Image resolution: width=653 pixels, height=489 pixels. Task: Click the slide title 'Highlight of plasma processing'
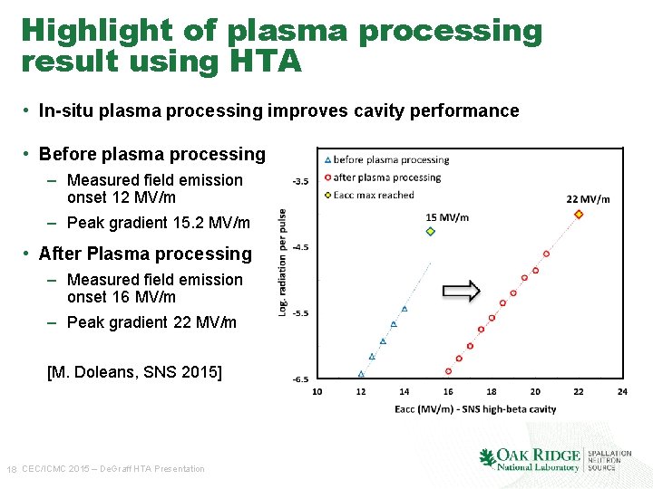(281, 31)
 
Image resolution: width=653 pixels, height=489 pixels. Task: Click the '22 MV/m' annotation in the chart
(588, 198)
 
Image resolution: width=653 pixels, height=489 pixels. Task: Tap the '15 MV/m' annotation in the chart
(447, 216)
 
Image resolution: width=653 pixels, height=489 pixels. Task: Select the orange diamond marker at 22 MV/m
(579, 214)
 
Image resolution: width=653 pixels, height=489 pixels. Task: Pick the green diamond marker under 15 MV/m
(431, 232)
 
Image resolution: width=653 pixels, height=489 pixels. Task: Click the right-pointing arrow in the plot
(461, 291)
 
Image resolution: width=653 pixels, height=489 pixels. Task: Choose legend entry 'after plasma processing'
(386, 177)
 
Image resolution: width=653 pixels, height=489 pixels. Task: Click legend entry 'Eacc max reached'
(373, 195)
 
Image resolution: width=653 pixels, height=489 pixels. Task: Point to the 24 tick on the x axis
(621, 391)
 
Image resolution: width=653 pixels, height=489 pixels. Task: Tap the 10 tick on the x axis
(317, 391)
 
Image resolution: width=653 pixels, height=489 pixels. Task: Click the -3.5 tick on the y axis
(299, 181)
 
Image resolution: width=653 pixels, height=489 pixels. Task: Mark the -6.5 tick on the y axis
(299, 379)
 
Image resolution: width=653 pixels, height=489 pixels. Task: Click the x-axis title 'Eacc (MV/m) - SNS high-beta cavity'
(475, 409)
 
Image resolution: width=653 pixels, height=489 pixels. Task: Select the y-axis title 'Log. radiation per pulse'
(283, 263)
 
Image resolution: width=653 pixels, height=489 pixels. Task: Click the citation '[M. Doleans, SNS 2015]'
(134, 372)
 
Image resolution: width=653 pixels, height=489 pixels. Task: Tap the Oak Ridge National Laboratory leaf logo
(487, 458)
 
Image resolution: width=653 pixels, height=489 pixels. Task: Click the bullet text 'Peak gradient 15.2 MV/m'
(158, 223)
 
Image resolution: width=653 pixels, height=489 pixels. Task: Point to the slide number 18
(11, 469)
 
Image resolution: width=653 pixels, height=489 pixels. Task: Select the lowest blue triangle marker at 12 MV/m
(361, 373)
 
